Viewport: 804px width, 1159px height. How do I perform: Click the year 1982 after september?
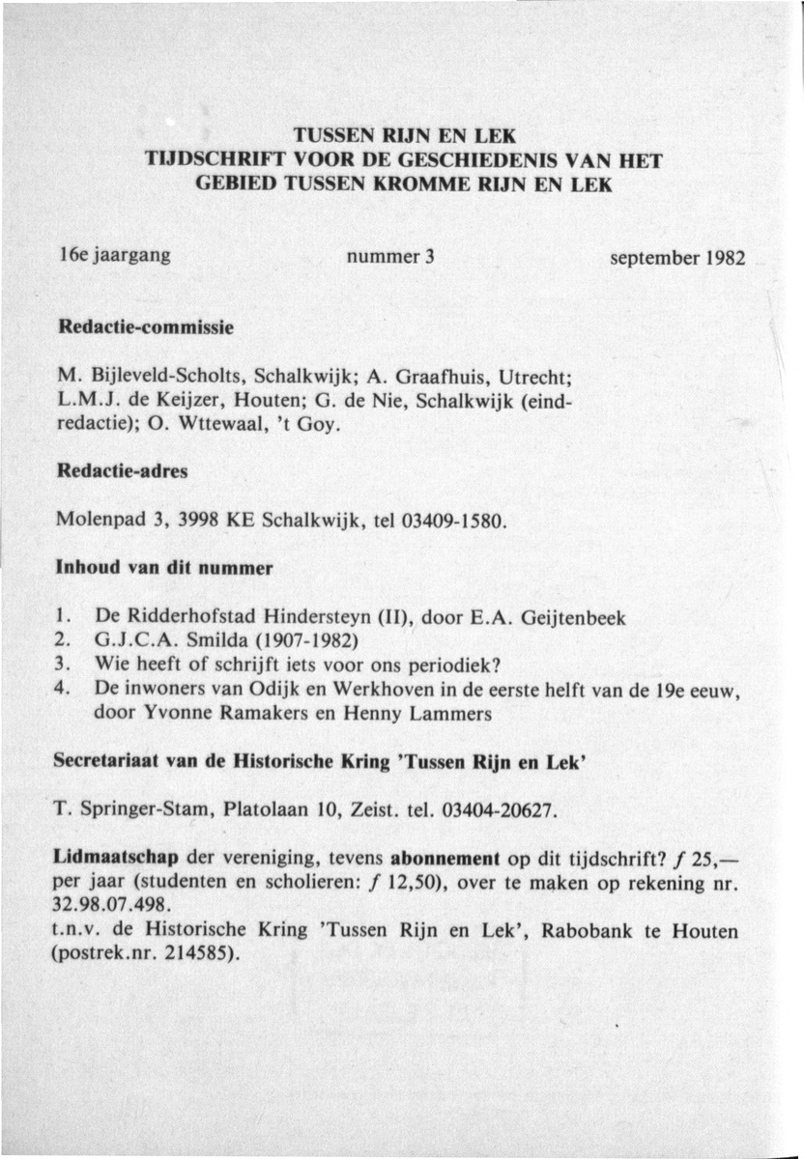[x=723, y=261]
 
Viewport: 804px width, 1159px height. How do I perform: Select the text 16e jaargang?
[x=114, y=258]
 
